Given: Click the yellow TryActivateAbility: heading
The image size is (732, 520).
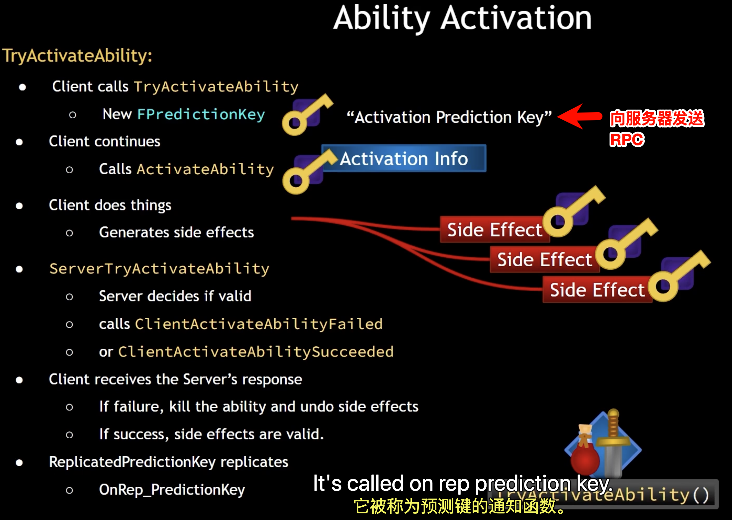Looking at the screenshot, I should [77, 55].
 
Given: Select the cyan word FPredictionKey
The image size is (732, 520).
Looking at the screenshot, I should [201, 114].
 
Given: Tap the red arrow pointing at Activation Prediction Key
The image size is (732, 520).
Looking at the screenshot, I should [579, 116].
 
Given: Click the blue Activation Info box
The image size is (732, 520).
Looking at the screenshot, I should [404, 159].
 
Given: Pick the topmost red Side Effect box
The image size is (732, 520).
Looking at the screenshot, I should [494, 230].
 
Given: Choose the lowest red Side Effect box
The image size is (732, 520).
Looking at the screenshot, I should [597, 290].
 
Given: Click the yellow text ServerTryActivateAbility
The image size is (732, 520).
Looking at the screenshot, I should [159, 269].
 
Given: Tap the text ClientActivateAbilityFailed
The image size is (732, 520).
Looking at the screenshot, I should [259, 324].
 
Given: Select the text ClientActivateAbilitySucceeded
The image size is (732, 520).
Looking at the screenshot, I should [256, 352].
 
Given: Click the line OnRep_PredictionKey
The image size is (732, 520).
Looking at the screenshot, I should [172, 490].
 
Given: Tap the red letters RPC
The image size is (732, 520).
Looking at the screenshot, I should [627, 139].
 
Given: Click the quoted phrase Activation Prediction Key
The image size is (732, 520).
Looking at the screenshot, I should [449, 117].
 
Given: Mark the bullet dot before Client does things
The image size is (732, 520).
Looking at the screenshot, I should [19, 206].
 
